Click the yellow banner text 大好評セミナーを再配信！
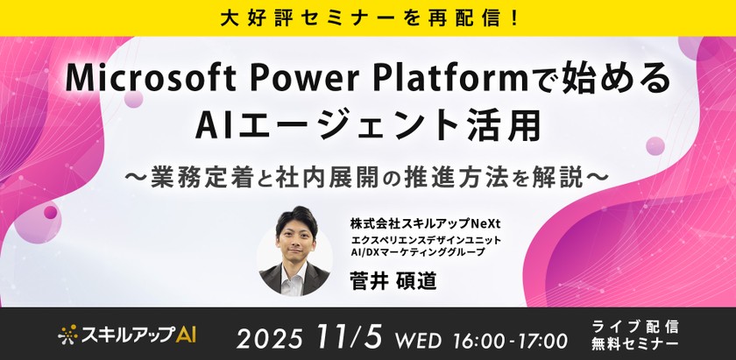368,17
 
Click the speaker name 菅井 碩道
392,284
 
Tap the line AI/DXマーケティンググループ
418,253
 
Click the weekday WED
419,337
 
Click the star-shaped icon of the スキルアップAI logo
68,334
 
